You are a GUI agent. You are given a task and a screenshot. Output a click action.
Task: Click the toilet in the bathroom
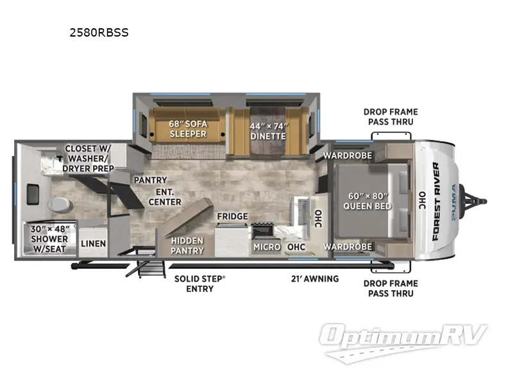pyautogui.click(x=58, y=205)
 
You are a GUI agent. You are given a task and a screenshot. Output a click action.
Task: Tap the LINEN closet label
pyautogui.click(x=94, y=244)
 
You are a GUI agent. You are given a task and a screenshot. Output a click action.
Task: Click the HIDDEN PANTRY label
pyautogui.click(x=188, y=246)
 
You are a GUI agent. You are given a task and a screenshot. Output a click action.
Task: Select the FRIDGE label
pyautogui.click(x=232, y=216)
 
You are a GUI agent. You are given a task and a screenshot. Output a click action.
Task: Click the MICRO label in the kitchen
pyautogui.click(x=265, y=246)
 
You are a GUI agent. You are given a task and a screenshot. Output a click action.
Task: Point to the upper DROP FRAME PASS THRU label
pyautogui.click(x=389, y=116)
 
